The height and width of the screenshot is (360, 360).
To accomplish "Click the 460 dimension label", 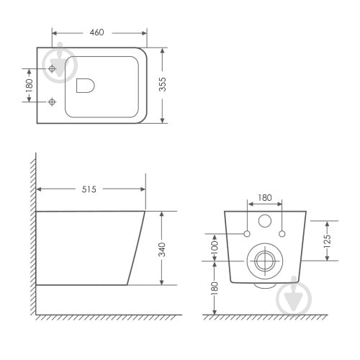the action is point(97,32).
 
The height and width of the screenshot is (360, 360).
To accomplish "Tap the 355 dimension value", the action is point(163,84).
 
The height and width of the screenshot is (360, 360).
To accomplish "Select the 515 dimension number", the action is point(89,189).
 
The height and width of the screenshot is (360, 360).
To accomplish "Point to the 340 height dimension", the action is point(162,250).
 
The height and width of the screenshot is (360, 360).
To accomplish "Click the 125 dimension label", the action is point(327,241).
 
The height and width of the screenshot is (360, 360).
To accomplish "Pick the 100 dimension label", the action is point(215,247).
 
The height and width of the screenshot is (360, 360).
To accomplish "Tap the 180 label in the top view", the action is point(29,86).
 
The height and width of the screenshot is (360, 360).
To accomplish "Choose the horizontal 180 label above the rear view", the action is point(265,198).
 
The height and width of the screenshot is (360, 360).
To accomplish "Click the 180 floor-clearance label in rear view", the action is point(215,288).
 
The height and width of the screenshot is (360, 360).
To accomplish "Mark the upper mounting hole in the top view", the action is point(52,69).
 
